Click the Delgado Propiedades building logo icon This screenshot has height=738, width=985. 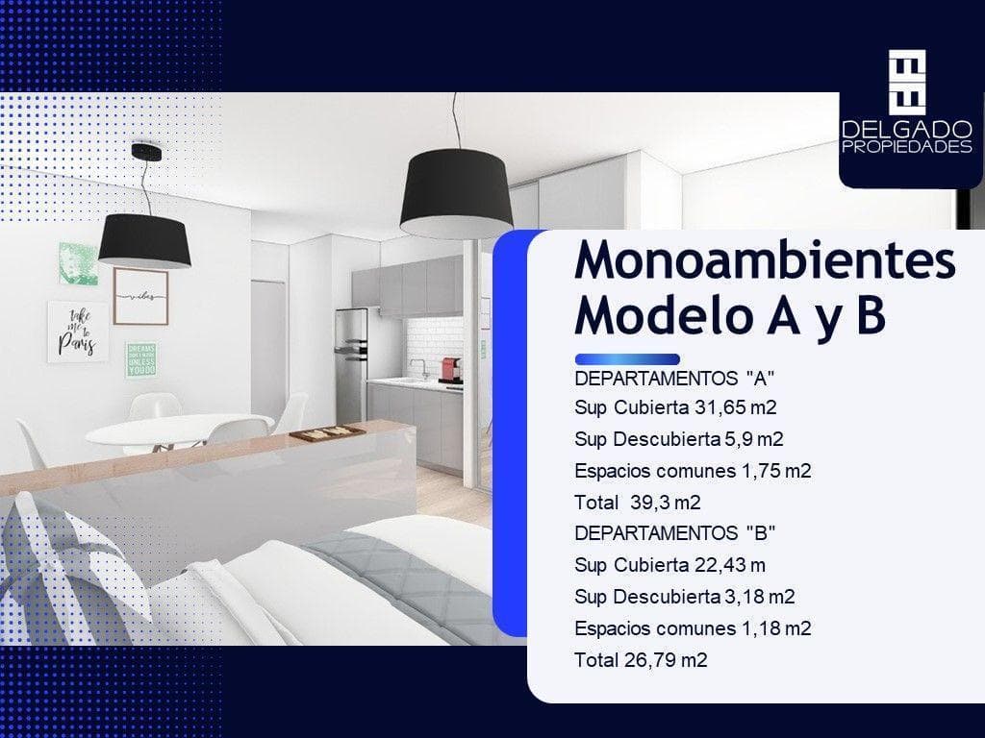coord(907,79)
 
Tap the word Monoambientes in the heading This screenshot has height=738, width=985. coord(765,261)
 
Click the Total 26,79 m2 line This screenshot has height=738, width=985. coord(641,660)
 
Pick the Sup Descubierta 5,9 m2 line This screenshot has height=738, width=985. coord(679,439)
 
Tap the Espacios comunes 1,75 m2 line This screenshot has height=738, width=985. coord(693,471)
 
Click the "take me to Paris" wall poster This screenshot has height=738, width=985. coord(76,331)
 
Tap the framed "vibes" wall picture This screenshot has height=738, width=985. coord(140,297)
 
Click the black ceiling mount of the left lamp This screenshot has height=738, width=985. coord(146,152)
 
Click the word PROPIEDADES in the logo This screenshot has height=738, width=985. coord(906,147)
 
